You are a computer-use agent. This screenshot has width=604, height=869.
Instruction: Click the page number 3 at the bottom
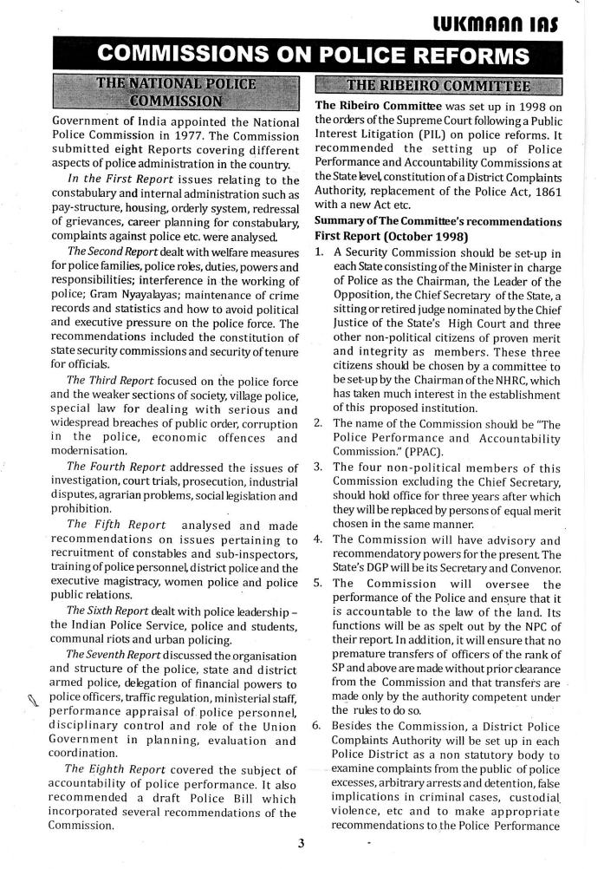click(x=300, y=846)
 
